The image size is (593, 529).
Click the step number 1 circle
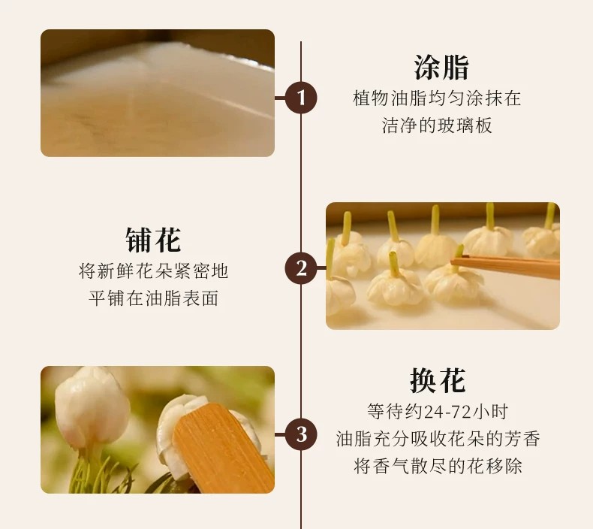coord(301,98)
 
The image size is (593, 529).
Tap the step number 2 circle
coord(301,268)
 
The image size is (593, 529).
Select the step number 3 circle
coord(301,434)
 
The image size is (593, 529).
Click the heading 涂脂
coord(441,68)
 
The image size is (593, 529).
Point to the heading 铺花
coord(153,240)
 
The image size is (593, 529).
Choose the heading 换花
coord(438,380)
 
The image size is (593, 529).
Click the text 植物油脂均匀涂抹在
coord(437,98)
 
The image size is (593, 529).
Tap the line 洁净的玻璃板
coord(437,125)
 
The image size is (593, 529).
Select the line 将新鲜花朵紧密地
coord(153,271)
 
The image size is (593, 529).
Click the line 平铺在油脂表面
coord(153,298)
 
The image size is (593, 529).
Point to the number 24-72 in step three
coord(447,412)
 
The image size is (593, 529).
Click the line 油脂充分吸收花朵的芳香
coord(438,439)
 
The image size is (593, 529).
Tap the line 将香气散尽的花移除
coord(438,466)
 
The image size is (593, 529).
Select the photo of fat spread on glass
coord(158,92)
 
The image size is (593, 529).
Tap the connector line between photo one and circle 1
coord(280,98)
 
